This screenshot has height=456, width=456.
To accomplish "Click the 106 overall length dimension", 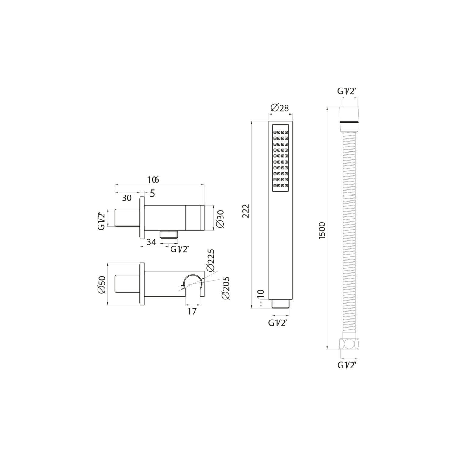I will (x=153, y=180).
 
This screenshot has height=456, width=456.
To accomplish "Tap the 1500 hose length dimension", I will (x=322, y=230).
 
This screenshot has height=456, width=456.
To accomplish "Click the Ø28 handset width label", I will (x=279, y=108).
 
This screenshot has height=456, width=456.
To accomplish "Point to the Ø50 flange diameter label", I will (x=102, y=285).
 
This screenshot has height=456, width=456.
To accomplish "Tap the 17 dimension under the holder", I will (x=192, y=311).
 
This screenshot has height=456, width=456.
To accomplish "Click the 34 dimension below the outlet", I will (x=151, y=242).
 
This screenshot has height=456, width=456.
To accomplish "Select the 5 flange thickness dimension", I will (x=152, y=193).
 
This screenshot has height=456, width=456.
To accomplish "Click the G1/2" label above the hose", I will (x=346, y=91).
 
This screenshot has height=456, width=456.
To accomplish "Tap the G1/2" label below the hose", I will (x=347, y=365).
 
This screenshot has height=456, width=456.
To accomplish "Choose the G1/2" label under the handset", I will (x=278, y=323).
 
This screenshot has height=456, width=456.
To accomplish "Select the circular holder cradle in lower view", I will (x=193, y=283).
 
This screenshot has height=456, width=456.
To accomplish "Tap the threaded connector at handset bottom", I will (x=281, y=304).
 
